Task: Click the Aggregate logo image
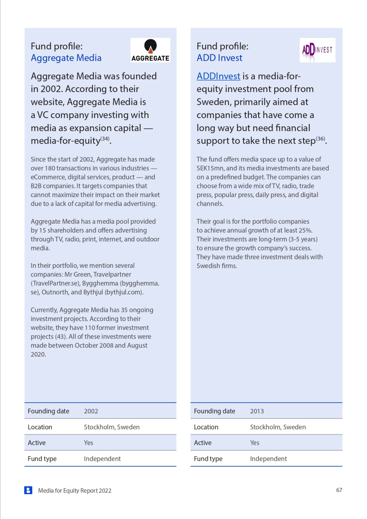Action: (150, 50)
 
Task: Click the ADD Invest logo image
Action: (317, 50)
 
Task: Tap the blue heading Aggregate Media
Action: (66, 58)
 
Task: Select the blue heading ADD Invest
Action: (219, 58)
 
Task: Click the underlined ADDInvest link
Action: (218, 76)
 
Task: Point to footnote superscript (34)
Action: (105, 139)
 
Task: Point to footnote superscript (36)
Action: (320, 139)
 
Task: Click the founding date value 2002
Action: (91, 411)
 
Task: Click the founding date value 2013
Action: (257, 411)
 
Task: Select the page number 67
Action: (339, 490)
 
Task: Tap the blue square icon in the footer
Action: (28, 490)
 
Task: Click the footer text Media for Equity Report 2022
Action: (75, 491)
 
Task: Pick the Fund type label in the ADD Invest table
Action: (208, 459)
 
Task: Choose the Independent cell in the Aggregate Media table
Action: (102, 459)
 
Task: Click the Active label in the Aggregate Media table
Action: (37, 443)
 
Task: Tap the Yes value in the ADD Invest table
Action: (254, 443)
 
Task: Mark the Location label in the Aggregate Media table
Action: (40, 427)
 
